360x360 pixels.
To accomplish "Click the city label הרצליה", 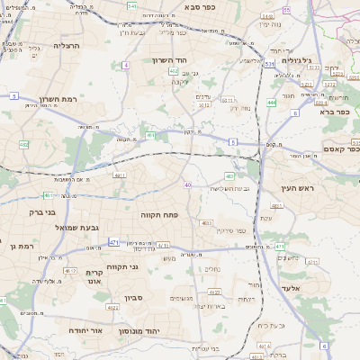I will coord(67,44).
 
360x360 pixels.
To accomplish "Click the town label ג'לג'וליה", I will coord(320,61).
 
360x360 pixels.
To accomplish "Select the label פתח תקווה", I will coord(160,216).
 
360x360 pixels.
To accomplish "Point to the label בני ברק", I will coord(36,212).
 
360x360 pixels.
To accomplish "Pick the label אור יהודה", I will coord(86,330).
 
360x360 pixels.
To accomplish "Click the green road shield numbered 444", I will coord(271,103).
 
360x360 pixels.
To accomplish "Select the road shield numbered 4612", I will coord(69,270).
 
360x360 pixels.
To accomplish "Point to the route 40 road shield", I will coord(187,185).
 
